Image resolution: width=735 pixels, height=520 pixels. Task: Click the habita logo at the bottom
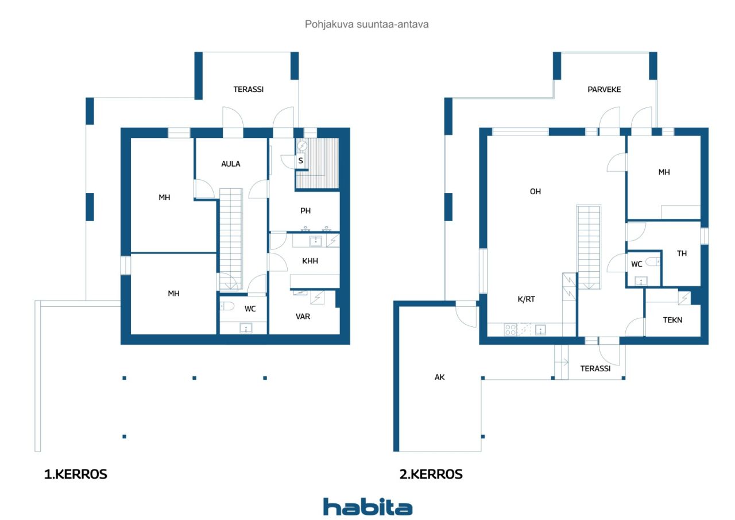[x=367, y=507]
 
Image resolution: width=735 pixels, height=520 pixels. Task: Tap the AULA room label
[x=231, y=164]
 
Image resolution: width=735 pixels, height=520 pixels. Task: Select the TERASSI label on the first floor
[x=249, y=89]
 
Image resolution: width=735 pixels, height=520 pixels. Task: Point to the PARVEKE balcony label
[x=604, y=90]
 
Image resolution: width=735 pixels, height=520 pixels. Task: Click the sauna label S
[x=300, y=160]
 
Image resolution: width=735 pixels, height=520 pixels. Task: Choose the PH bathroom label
[x=305, y=211]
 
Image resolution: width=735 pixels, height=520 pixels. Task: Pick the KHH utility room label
[x=310, y=261]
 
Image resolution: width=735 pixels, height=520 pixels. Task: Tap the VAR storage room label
[x=303, y=317]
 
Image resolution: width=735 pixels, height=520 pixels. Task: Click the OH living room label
[x=536, y=191]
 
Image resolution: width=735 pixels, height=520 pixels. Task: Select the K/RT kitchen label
[x=527, y=299]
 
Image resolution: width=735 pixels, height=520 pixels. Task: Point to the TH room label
[x=682, y=253]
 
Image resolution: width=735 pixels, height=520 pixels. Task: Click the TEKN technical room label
[x=672, y=320]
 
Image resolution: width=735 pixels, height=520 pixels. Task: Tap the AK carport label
[x=440, y=377]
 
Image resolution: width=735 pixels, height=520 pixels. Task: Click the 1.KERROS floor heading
[x=75, y=475]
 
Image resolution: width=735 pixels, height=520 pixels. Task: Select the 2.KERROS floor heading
[x=431, y=475]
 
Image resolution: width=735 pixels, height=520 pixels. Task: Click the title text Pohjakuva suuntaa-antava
[x=367, y=24]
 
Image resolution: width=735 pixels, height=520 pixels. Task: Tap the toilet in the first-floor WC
[x=227, y=306]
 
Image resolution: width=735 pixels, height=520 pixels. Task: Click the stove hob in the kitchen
[x=510, y=330]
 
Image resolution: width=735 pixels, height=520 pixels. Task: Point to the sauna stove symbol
[x=302, y=145]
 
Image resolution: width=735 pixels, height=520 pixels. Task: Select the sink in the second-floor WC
[x=641, y=281]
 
